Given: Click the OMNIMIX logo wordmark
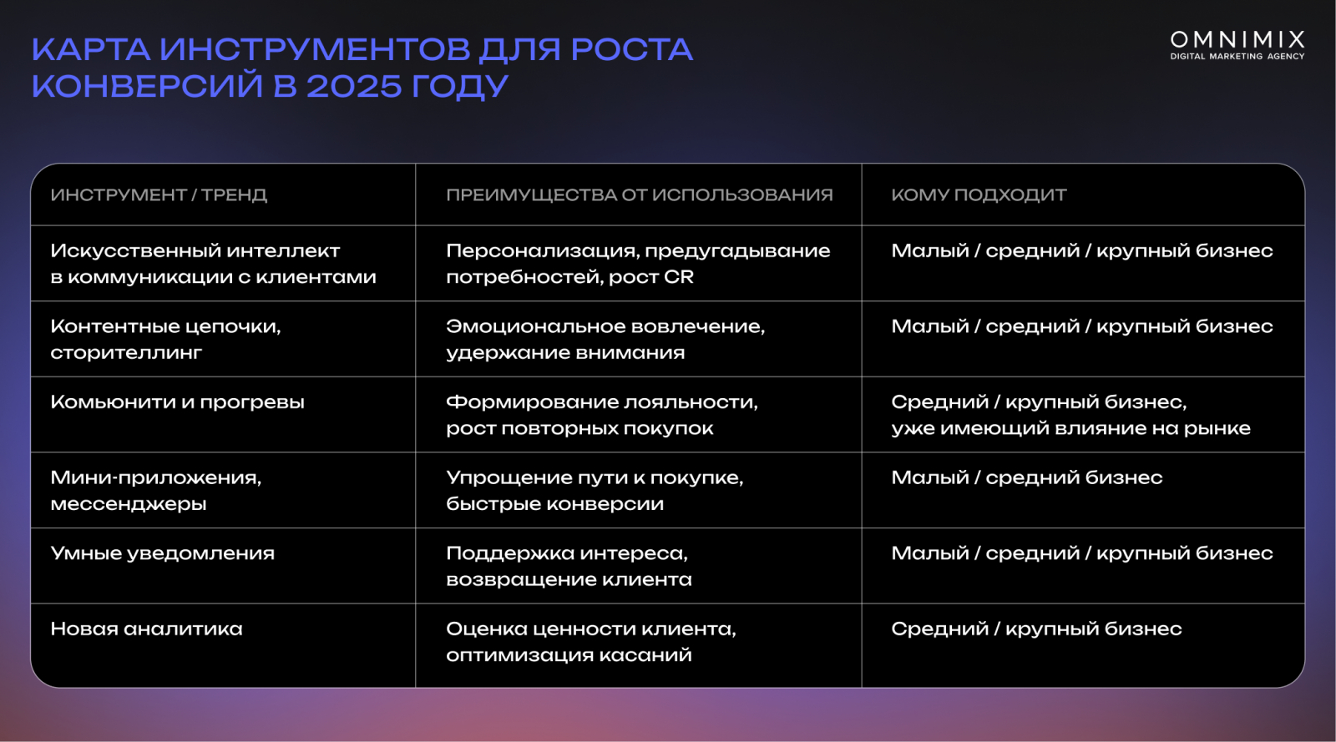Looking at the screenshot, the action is click(1237, 40).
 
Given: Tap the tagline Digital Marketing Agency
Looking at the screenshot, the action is click(1237, 56).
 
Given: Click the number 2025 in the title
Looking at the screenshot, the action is click(354, 86).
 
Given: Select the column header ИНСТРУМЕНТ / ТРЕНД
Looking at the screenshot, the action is click(159, 194).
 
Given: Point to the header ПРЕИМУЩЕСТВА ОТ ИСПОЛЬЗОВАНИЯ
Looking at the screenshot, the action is click(640, 194).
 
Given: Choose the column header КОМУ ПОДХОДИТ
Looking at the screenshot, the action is click(979, 194).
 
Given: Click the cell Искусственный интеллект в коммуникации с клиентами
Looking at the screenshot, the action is click(213, 264).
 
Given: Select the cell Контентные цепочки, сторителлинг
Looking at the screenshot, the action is click(165, 339).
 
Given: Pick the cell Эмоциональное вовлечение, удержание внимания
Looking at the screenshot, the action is click(605, 339).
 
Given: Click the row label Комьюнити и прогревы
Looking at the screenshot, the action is click(177, 402).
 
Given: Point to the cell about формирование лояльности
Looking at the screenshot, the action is click(602, 415).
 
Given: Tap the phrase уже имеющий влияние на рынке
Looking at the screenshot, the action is click(1070, 428).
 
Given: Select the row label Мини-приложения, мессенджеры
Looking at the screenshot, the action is click(155, 491).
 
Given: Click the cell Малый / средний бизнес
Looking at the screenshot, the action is click(1026, 477).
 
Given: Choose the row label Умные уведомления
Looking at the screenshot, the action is click(162, 553).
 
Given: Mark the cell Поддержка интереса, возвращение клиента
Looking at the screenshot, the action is click(569, 566).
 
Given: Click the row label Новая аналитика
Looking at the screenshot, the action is click(146, 628).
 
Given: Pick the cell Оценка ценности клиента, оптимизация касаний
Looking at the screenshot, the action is click(591, 642).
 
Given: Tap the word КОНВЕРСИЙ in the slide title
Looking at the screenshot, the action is click(147, 86).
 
